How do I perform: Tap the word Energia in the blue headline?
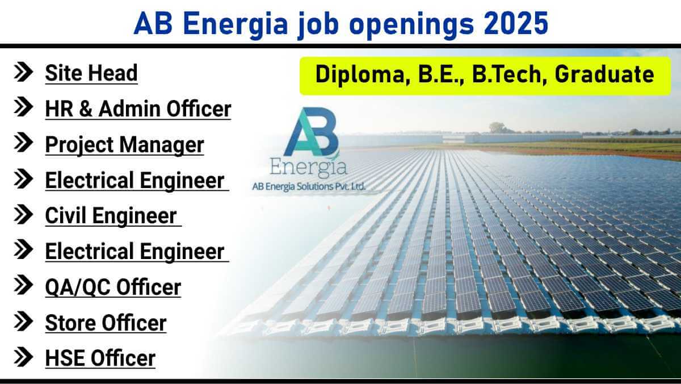236,24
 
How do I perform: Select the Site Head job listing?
91,73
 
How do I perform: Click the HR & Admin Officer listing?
138,108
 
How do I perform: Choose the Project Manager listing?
124,145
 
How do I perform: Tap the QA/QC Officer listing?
113,287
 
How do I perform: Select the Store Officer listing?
106,323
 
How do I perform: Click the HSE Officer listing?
100,358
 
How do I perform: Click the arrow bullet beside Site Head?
23,72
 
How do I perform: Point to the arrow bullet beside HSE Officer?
23,357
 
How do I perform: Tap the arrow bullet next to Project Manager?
23,143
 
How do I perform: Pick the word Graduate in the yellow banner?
604,74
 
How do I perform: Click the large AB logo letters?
311,131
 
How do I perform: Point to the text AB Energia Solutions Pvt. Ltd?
309,186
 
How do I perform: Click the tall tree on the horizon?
497,127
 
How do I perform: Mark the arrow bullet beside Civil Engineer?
23,214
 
